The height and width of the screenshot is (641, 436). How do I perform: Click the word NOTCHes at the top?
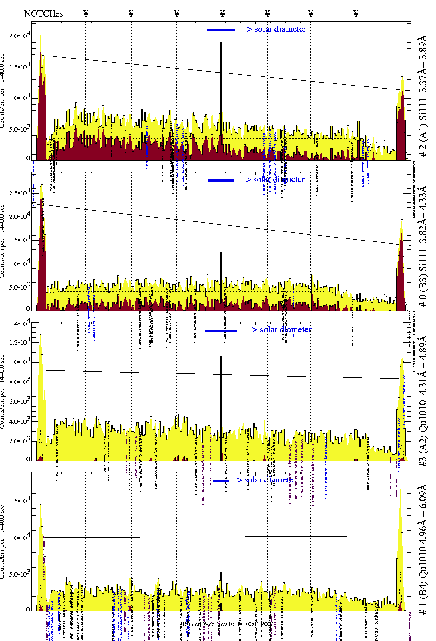point(43,13)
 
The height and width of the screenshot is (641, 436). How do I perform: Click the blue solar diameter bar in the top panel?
point(221,30)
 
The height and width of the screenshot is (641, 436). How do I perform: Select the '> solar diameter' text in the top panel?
point(277,29)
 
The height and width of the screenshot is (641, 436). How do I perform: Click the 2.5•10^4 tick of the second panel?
point(20,192)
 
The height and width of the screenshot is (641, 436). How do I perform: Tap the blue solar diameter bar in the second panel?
point(221,180)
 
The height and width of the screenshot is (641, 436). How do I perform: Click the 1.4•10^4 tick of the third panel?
point(20,324)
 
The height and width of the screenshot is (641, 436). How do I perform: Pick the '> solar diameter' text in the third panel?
point(282,330)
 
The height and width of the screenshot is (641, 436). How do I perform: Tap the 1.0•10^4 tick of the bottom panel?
point(20,538)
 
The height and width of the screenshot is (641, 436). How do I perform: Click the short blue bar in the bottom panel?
point(221,481)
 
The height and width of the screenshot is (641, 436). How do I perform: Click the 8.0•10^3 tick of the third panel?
point(20,382)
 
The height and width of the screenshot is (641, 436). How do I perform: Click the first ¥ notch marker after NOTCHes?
point(86,13)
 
